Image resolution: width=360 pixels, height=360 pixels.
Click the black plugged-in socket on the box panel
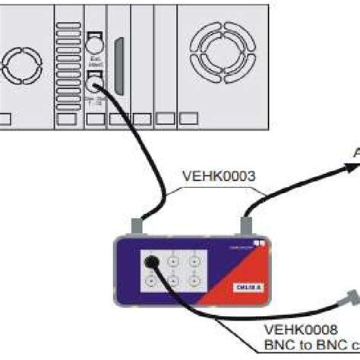pos(152,262)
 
